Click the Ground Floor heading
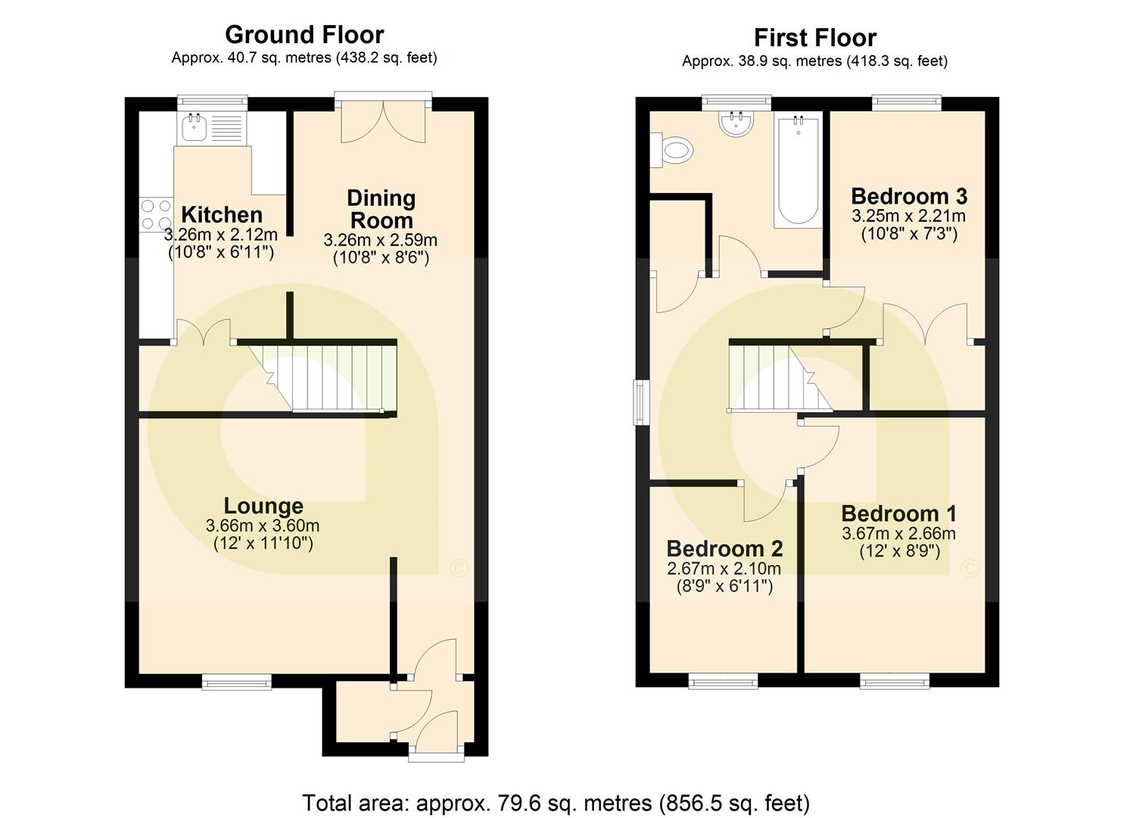pyautogui.click(x=304, y=35)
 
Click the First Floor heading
pyautogui.click(x=814, y=38)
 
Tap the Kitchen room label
pyautogui.click(x=222, y=214)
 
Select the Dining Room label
pyautogui.click(x=381, y=209)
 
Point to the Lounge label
pyautogui.click(x=263, y=506)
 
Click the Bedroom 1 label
pyautogui.click(x=898, y=514)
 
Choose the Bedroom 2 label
pyautogui.click(x=724, y=548)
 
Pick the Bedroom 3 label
pyautogui.click(x=909, y=196)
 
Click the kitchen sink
pyautogui.click(x=194, y=127)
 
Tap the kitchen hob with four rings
pyautogui.click(x=156, y=214)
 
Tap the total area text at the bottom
pyautogui.click(x=556, y=803)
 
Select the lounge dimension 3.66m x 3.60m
pyautogui.click(x=263, y=526)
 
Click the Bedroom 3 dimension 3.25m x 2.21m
pyautogui.click(x=908, y=216)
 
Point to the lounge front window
pyautogui.click(x=236, y=683)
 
